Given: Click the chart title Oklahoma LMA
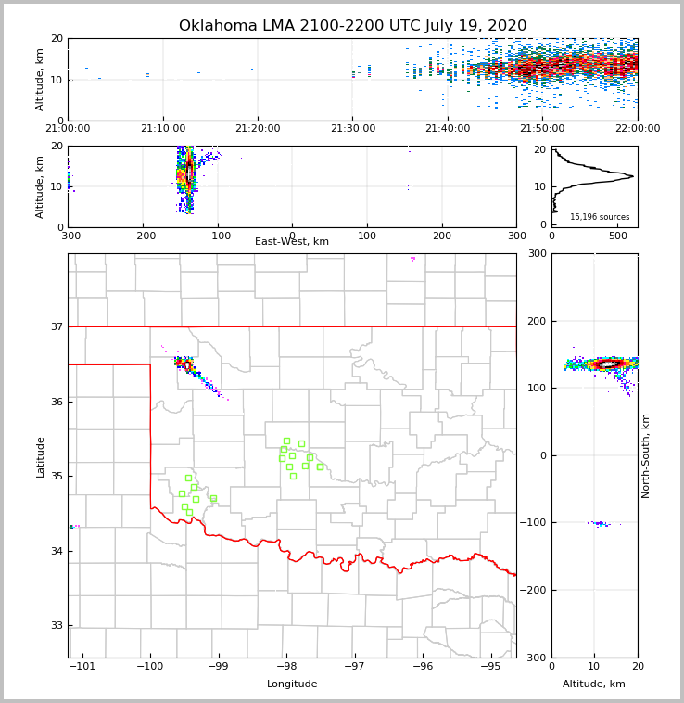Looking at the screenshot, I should pos(352,26).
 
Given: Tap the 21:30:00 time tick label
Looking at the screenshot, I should pos(352,129).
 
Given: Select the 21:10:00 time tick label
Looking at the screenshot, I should pos(163,129).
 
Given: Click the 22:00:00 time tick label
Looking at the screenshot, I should pos(638,129).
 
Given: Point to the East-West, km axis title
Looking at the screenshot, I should pos(292,242).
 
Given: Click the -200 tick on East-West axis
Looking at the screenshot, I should pos(143,236).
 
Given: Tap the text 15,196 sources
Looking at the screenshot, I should pos(601,217).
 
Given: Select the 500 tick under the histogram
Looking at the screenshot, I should pos(617,236).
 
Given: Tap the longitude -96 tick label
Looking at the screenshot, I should pos(422,667).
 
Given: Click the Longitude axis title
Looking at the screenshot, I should pos(292,684).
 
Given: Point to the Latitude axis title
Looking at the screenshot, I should pos(40,456).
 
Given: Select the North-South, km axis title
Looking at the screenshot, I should pos(646,455).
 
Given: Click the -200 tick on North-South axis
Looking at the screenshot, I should pos(537,591).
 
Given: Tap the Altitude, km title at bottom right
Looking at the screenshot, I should pos(594,684).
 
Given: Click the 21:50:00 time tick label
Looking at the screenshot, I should pos(542,129).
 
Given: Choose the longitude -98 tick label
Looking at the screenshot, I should pos(286,667).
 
